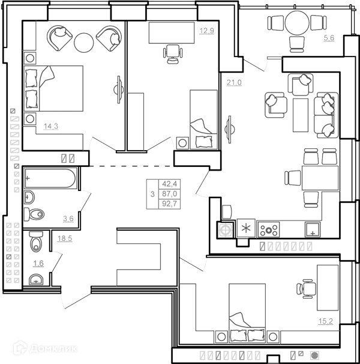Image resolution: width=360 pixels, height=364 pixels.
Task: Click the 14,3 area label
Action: [51, 126]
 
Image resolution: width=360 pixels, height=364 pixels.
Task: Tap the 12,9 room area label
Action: [206, 31]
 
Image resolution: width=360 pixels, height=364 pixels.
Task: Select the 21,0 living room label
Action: [234, 82]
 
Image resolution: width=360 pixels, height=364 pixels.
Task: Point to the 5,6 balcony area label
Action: [329, 38]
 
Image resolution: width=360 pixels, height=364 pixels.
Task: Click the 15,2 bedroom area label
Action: [326, 321]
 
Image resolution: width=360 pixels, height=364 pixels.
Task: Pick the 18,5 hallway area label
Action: [65, 238]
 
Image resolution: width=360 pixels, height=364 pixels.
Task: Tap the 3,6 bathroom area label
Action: [68, 219]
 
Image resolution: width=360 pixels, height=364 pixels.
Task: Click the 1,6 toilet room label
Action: [38, 263]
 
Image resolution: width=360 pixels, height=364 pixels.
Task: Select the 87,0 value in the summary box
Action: [170, 193]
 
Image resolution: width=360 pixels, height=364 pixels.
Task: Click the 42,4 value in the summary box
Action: [170, 184]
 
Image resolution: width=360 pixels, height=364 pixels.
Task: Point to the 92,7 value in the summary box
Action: [170, 204]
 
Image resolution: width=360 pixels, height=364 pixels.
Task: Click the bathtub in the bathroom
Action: [50, 178]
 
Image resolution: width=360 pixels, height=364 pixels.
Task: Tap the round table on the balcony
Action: [297, 23]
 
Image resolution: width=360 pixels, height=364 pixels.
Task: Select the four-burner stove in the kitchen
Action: [269, 230]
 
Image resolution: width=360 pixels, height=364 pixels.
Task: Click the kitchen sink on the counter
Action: [313, 229]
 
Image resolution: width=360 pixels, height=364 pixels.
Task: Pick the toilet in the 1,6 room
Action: [36, 241]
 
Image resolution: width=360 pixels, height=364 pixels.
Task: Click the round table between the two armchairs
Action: [84, 43]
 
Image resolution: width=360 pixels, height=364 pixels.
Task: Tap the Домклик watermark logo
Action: [45, 348]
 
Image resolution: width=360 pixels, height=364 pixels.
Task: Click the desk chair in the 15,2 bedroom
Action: [306, 289]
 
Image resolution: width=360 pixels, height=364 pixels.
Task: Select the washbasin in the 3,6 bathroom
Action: [29, 198]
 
